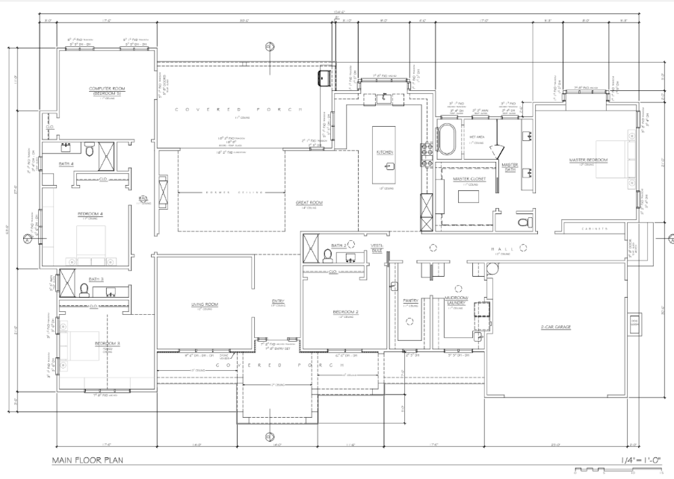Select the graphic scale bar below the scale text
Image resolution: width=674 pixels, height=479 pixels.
coord(619,472)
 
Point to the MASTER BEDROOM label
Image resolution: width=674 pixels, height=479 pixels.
coord(587,160)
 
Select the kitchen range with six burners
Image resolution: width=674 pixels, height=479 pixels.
coord(428,153)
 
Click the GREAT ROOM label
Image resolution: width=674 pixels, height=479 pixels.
coord(308,202)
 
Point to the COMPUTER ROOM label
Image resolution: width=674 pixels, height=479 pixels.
coord(107,90)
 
